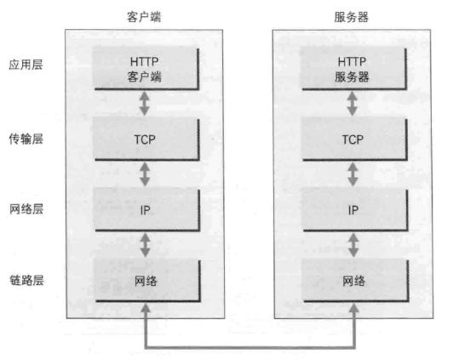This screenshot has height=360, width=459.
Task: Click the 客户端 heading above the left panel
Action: coord(144,17)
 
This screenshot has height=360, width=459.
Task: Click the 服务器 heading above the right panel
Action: coord(351,17)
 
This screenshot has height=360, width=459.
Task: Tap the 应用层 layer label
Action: coord(26,65)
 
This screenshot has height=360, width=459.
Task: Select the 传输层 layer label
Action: coord(26,139)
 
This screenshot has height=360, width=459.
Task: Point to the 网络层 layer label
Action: coord(26,209)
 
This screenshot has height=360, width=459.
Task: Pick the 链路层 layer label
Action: coord(26,280)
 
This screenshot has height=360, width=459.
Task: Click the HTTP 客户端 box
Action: coord(146,68)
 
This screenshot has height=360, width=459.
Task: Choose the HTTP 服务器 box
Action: coord(354,68)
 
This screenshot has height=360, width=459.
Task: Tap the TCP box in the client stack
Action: coord(146,139)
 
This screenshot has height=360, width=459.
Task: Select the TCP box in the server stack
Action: coord(354,139)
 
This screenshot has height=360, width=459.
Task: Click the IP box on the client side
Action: coord(146,209)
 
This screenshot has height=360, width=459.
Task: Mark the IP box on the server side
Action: coord(355,209)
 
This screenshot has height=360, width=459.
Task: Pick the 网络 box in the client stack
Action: coord(147,281)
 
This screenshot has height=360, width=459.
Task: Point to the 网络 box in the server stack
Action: coord(356,281)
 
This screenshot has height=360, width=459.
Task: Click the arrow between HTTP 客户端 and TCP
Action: coord(144,104)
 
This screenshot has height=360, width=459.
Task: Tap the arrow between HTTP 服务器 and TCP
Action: coord(353,104)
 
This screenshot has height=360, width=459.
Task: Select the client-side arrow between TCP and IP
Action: coord(145,174)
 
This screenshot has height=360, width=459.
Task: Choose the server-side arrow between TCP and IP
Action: coord(353,174)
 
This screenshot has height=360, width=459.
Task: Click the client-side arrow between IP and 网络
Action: coord(145,245)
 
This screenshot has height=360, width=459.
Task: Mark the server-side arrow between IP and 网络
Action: coord(353,245)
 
